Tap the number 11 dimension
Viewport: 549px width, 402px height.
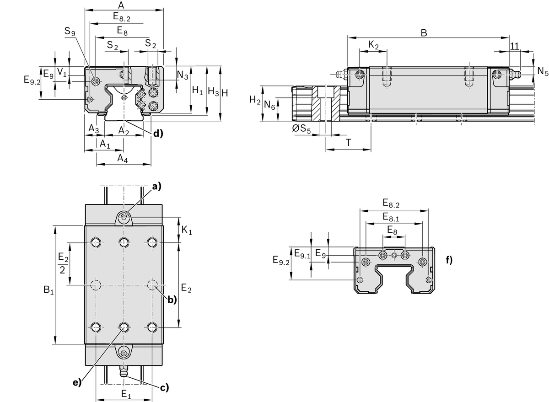(x=514, y=46)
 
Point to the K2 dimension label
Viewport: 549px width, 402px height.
(x=373, y=45)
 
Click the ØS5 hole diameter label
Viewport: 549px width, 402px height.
(x=301, y=130)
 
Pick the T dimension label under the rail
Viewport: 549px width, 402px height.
(x=348, y=143)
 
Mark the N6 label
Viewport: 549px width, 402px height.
(x=269, y=107)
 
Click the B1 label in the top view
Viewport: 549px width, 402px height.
(x=48, y=289)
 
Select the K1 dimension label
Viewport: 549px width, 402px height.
(x=187, y=231)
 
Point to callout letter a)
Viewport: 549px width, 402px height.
(x=157, y=186)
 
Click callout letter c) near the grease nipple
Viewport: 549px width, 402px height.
(x=164, y=388)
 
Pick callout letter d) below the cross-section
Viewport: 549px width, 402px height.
(x=158, y=134)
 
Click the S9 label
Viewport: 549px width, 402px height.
(x=70, y=32)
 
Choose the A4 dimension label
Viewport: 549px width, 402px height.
(x=122, y=158)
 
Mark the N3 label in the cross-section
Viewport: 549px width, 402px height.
(x=183, y=76)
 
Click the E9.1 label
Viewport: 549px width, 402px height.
(x=302, y=253)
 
